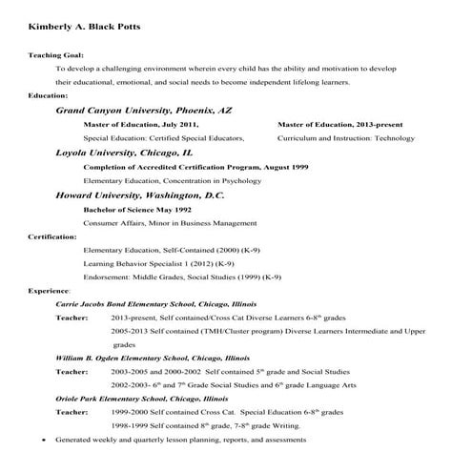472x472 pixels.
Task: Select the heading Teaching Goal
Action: [x=55, y=56]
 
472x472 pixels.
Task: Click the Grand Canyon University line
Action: [x=143, y=111]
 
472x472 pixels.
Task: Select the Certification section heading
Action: [x=52, y=236]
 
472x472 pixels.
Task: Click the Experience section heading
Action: [x=49, y=290]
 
